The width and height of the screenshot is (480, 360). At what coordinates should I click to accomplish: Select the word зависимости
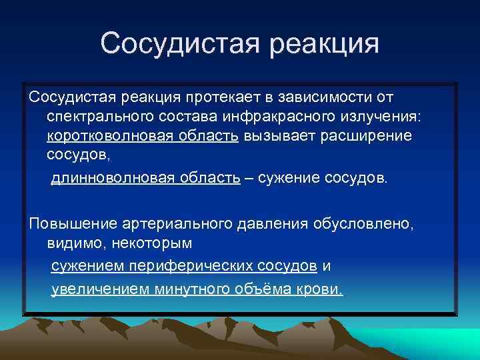click(x=329, y=99)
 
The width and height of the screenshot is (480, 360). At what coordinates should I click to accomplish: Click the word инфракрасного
click(x=298, y=117)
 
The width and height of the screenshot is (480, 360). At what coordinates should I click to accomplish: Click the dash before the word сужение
click(x=249, y=179)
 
